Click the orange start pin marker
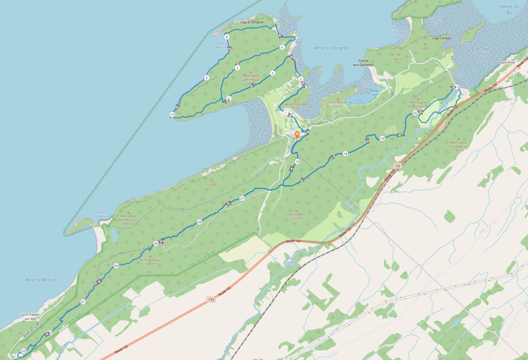pos(297,135)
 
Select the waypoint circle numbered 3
pos(272,73)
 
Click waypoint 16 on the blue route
pos(298,162)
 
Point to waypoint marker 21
pos(456,87)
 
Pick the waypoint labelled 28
pos(199,222)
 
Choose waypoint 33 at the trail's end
pos(23,350)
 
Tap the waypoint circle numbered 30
pos(115,266)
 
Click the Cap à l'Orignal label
pos(252,22)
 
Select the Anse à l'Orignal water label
pos(332,48)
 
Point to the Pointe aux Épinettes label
pos(363,61)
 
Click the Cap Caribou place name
pos(440,38)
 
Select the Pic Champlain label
pos(150,261)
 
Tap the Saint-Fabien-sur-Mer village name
pos(30,317)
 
